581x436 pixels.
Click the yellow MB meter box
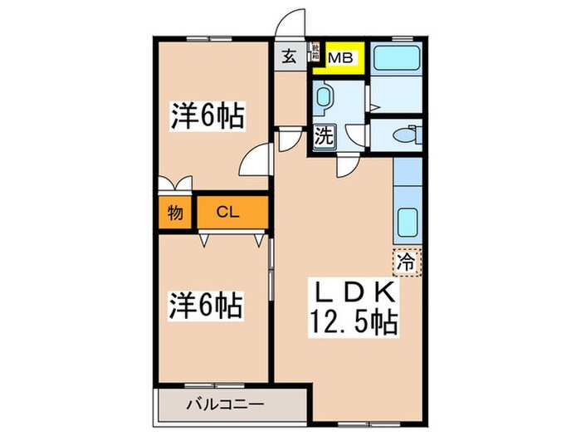coord(340,59)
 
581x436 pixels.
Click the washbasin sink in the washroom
coord(324,98)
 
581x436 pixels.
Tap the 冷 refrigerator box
coord(407,262)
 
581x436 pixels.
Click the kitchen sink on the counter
coord(408,223)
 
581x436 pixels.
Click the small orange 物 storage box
coord(174,212)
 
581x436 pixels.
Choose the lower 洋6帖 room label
coord(207,307)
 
